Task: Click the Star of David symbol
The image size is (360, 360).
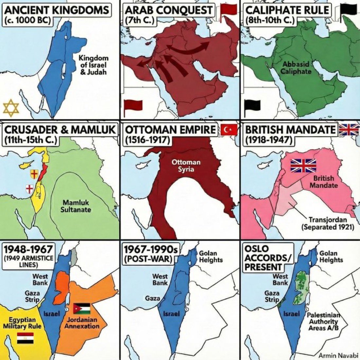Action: click(x=11, y=108)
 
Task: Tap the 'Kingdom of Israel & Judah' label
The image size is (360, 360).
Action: click(x=93, y=65)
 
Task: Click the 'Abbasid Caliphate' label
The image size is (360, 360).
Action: click(x=296, y=68)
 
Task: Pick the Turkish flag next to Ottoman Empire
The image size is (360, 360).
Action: click(x=228, y=130)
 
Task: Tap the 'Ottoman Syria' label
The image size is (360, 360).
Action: click(x=186, y=166)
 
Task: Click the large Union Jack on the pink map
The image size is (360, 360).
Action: click(x=303, y=166)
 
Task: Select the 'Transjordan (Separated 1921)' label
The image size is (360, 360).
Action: click(x=328, y=223)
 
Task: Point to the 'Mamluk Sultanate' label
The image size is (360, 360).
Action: click(x=76, y=206)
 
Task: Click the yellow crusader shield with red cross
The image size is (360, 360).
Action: click(x=34, y=174)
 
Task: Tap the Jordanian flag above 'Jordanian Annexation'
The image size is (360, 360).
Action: click(x=82, y=308)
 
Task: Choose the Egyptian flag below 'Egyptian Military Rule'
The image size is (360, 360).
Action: click(x=25, y=338)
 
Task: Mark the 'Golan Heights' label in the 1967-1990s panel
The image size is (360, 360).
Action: click(x=211, y=257)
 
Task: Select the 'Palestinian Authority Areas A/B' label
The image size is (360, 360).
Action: click(x=323, y=321)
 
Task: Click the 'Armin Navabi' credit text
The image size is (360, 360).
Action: click(x=339, y=355)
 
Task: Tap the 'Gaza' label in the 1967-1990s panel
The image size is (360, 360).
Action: click(x=153, y=298)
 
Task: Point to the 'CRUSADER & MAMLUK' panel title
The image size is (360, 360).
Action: click(x=60, y=130)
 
